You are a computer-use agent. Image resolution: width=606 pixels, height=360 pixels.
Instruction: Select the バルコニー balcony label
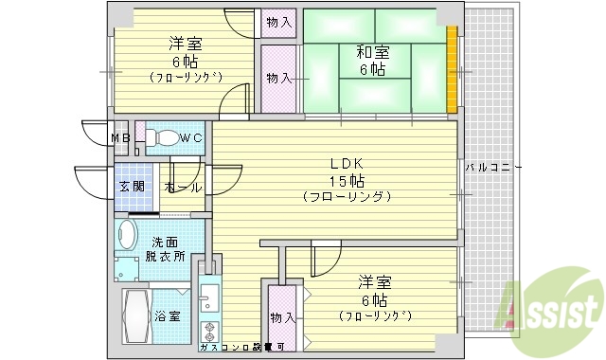[x=492, y=168]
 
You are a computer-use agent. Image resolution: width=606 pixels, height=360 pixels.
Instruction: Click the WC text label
[x=191, y=138]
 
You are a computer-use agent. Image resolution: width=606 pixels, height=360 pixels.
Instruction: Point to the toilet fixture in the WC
[x=163, y=138]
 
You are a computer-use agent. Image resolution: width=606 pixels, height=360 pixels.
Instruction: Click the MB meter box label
[x=120, y=138]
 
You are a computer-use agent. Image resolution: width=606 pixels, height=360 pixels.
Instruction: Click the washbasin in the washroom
[x=127, y=233]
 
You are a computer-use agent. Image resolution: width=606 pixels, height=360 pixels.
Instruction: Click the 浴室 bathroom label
[x=169, y=316]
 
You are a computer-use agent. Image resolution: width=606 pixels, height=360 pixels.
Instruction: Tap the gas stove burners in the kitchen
[x=208, y=332]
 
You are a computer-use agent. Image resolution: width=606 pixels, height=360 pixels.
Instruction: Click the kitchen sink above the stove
[x=209, y=297]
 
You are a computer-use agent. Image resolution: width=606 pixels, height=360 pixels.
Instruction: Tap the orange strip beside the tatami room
[x=453, y=70]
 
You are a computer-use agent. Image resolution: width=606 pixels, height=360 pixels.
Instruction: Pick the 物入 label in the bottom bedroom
[x=281, y=316]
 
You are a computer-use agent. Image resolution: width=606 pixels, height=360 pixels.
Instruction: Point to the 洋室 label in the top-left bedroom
[x=186, y=44]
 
